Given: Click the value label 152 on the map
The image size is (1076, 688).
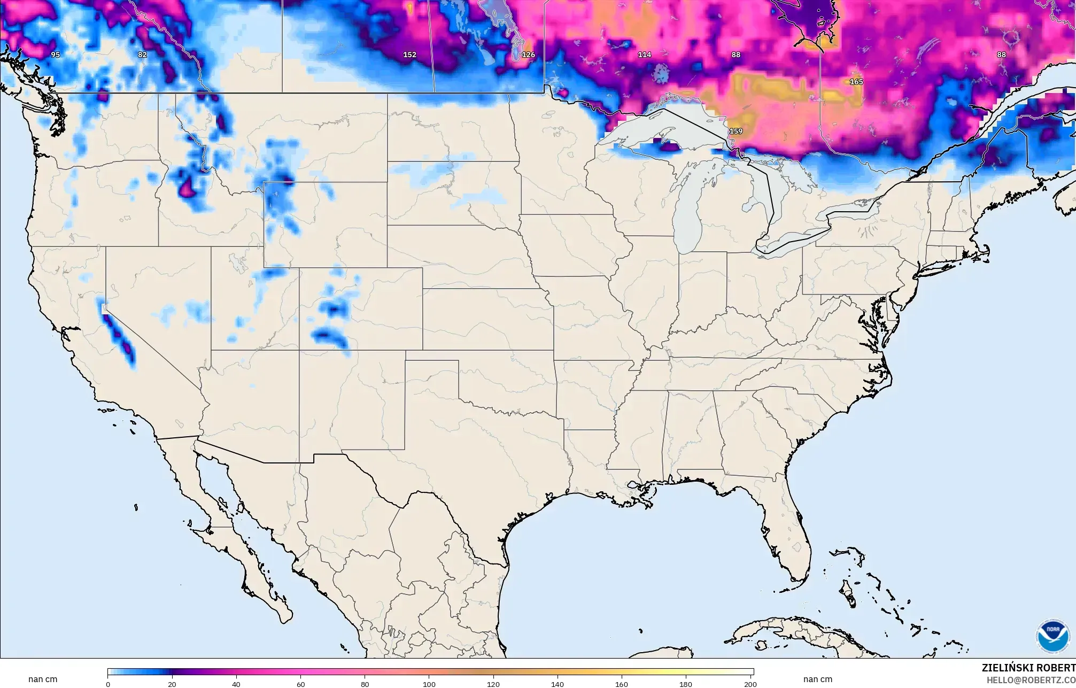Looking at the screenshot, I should tap(409, 55).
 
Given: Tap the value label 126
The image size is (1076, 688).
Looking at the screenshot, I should tap(528, 55).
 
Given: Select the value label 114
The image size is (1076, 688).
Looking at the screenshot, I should tap(645, 55).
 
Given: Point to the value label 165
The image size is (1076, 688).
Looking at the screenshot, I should tap(856, 82).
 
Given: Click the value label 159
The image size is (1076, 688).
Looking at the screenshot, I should tap(736, 131).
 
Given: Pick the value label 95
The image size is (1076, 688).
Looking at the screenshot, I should tap(56, 55).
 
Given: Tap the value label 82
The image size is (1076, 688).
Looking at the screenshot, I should tap(142, 55).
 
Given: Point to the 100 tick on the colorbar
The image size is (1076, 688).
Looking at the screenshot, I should tap(429, 684).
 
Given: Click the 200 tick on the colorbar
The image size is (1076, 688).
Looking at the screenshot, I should tap(750, 684).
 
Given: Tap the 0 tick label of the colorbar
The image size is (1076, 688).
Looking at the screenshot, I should tap(108, 684).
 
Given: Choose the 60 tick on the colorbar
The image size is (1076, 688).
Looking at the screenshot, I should tap(300, 684).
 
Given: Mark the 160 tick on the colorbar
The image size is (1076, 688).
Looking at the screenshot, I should tap(622, 684).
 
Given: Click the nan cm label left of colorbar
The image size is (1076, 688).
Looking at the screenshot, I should tap(43, 679).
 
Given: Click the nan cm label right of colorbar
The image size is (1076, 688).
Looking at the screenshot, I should tap(818, 679).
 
